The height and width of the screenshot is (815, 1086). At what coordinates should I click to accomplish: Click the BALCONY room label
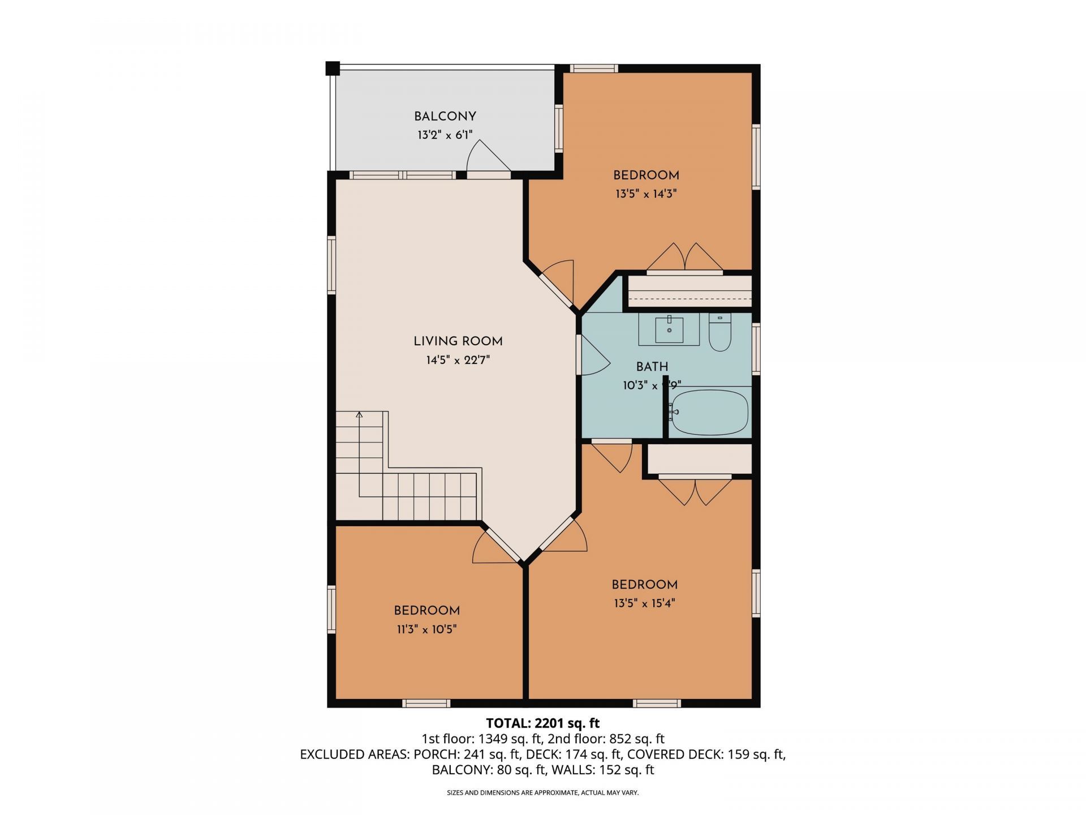coord(445,117)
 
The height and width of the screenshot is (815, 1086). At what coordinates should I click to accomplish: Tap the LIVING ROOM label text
coord(458,341)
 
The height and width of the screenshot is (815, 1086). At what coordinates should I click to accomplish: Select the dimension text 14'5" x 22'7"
coord(458,360)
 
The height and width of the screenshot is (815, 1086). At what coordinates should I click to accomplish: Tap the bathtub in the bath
coord(709,412)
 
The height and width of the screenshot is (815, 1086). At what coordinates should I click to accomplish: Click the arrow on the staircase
coord(359,416)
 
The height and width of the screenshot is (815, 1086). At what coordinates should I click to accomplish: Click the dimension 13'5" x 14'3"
coord(646,194)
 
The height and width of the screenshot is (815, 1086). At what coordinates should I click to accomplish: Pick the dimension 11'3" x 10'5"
coord(426,629)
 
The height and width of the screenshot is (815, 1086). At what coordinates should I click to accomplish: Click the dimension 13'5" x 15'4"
coord(644,603)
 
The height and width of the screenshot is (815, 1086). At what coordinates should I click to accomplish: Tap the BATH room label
coord(652,367)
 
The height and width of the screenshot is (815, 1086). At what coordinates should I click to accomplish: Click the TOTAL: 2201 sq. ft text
coord(542,723)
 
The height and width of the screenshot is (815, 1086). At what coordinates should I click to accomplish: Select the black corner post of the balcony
coord(333,68)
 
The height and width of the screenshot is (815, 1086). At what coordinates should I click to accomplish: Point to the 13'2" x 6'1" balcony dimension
coord(445,135)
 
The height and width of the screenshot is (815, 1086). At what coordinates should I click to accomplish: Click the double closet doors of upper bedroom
coord(684,258)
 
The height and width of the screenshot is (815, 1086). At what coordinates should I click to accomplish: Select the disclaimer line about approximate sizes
coord(542,793)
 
